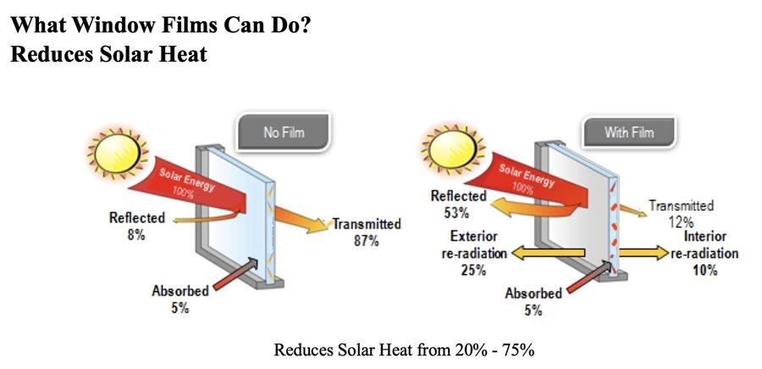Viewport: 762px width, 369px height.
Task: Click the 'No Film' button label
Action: tap(284, 132)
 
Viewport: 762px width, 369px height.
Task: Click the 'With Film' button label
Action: tap(629, 132)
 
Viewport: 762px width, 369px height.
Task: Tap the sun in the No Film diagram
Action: tap(117, 153)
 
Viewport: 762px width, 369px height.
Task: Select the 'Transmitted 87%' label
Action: tap(367, 232)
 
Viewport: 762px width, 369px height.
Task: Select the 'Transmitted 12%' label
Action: tap(681, 213)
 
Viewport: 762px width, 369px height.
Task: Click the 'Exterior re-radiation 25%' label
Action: tap(474, 253)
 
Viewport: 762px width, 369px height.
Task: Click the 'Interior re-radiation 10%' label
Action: tap(704, 253)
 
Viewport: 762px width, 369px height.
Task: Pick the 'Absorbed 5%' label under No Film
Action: tap(179, 299)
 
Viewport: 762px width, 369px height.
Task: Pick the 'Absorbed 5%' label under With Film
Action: tap(533, 301)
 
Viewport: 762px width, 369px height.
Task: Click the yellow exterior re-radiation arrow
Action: tap(548, 252)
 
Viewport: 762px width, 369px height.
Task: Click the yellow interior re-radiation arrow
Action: tap(644, 252)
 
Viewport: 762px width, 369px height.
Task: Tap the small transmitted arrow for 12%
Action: tap(633, 210)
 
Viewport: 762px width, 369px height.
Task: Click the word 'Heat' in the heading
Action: tap(185, 53)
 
